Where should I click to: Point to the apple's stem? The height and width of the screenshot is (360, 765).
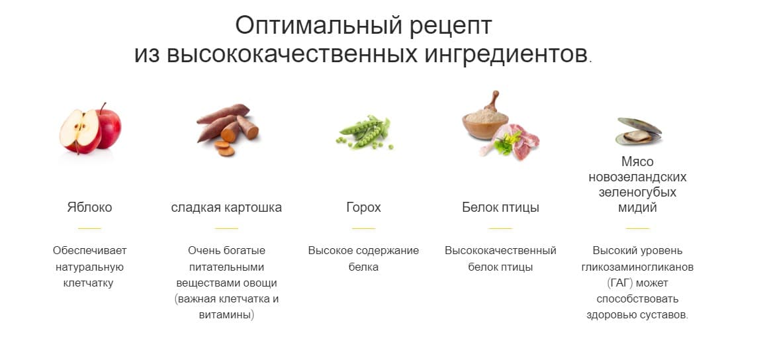pos(103,107)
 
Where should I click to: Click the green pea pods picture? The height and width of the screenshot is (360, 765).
pos(363,132)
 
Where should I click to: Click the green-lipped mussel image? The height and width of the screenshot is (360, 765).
pos(637,131)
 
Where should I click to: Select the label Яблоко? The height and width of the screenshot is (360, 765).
pos(89,207)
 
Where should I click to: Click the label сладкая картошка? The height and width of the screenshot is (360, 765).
pos(226,207)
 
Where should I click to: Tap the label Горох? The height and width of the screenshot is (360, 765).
pos(363,207)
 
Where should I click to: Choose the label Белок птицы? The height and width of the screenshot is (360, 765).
pos(500,207)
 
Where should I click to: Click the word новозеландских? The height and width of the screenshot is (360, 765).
pos(637,177)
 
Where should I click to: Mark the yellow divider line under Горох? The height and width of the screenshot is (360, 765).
pos(363,228)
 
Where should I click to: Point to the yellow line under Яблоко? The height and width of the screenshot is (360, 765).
pos(89,228)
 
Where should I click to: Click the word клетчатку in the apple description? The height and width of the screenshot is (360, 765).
pos(89,283)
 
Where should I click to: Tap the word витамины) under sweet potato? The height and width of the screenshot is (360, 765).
pos(226,315)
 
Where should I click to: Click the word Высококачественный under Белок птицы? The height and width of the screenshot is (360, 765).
pos(500,251)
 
